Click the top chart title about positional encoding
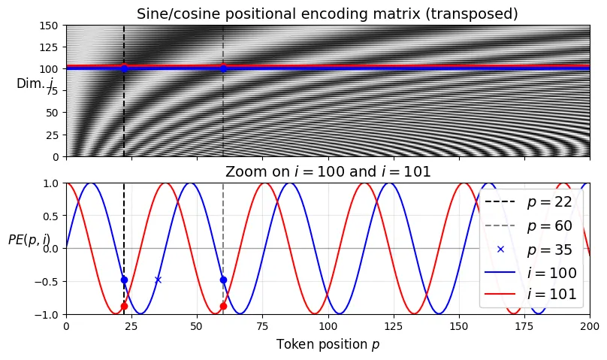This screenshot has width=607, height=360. [x=328, y=14]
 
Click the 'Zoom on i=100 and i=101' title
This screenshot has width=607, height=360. [x=328, y=172]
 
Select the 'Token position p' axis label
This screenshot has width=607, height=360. [x=328, y=344]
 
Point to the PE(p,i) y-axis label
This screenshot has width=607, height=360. [x=29, y=240]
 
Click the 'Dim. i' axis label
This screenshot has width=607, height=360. [x=35, y=84]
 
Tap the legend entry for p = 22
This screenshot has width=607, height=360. [x=530, y=202]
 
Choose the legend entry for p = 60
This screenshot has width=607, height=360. [x=530, y=225]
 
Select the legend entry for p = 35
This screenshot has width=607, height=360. [x=530, y=249]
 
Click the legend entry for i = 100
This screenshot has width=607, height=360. [x=530, y=271]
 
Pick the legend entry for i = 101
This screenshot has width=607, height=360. [x=530, y=294]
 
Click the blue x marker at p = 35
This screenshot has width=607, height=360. [x=158, y=280]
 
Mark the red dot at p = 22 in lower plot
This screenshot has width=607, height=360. [x=124, y=306]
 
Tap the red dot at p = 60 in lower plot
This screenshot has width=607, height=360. [x=223, y=306]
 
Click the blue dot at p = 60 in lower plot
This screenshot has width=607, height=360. [x=223, y=280]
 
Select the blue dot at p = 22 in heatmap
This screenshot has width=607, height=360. [x=124, y=68]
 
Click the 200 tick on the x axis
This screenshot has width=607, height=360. [x=590, y=326]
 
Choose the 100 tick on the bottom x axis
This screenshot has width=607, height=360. [x=328, y=326]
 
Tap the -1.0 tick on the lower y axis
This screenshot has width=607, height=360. [x=49, y=314]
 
